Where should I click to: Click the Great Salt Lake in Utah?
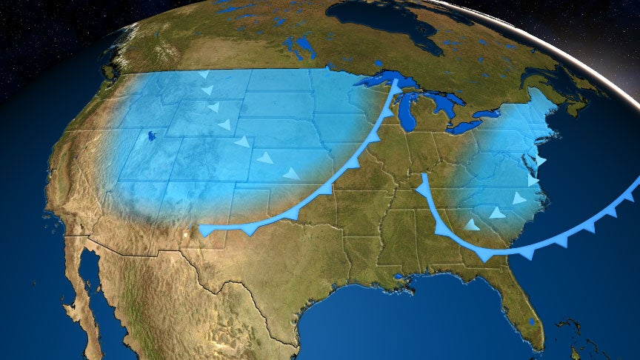[x=152, y=136]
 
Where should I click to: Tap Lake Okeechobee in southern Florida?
[x=534, y=321]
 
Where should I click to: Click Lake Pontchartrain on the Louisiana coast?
[x=400, y=277]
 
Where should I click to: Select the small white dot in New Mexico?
[x=184, y=236]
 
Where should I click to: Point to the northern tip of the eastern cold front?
[x=422, y=176]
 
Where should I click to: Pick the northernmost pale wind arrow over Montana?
[x=204, y=75]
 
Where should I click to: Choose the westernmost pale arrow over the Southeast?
[x=470, y=224]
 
